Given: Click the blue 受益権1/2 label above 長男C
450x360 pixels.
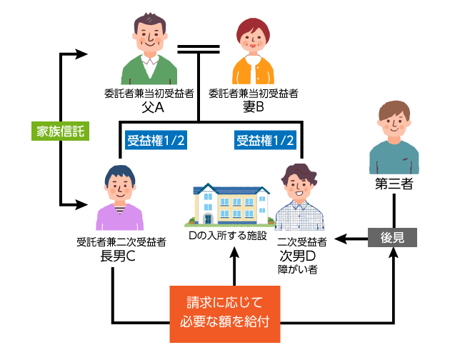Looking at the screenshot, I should (156, 141).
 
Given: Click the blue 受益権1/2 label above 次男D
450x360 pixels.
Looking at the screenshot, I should (265, 141).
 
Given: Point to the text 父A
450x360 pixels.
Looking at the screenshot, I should (153, 107).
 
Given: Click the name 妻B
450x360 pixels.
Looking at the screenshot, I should (254, 107).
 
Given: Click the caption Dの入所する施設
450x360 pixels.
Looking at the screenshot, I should (227, 235).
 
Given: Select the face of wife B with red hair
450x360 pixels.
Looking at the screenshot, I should (253, 40).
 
